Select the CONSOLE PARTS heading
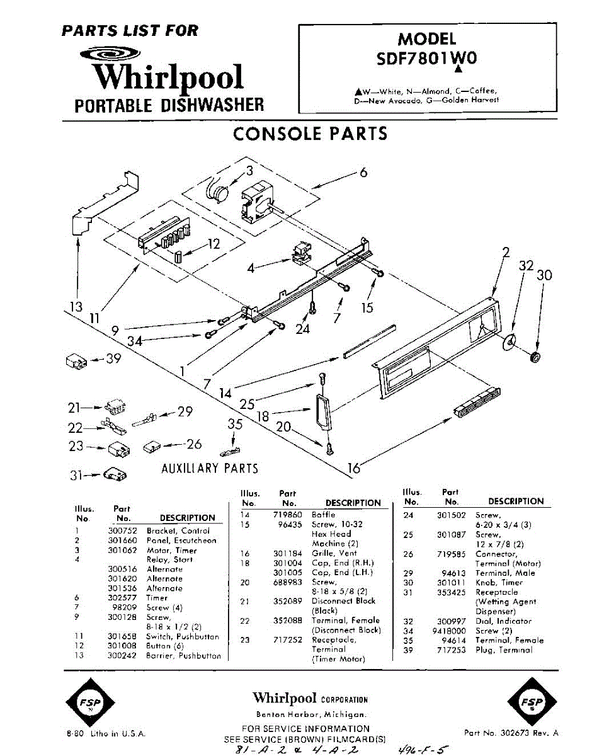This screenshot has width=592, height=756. (310, 134)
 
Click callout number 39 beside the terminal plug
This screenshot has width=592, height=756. (113, 359)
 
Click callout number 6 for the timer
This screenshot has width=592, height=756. (363, 172)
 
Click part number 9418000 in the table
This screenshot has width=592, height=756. (450, 631)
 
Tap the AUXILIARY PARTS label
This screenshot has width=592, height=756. (210, 468)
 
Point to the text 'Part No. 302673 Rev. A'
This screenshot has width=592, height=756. (511, 733)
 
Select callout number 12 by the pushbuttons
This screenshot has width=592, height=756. (213, 244)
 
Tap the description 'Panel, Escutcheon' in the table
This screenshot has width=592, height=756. (181, 541)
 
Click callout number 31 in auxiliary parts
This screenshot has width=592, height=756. (76, 476)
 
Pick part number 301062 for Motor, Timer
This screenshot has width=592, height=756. (122, 550)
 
